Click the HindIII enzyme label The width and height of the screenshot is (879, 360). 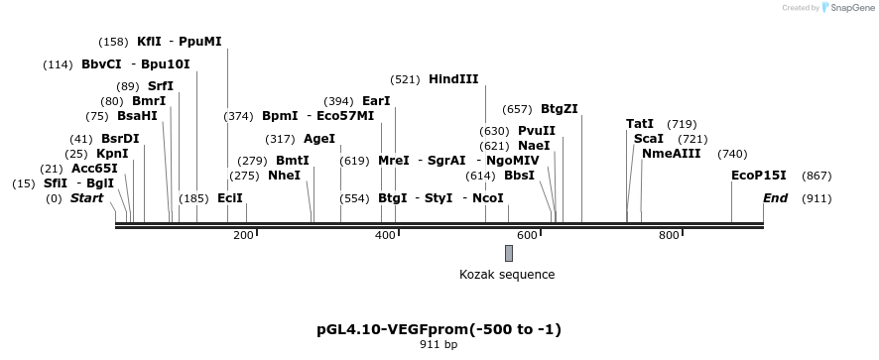[453, 79]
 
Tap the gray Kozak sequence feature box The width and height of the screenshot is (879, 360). [508, 253]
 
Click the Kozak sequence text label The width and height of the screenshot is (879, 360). [507, 275]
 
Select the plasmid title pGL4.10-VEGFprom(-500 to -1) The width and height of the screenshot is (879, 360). [438, 328]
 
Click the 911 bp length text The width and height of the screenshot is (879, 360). [438, 345]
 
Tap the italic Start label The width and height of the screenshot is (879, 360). [86, 198]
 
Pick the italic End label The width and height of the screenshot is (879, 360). [775, 198]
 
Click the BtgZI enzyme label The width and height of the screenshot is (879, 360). [560, 109]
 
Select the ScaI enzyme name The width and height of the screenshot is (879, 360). [648, 139]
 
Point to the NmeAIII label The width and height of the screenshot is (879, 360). [671, 154]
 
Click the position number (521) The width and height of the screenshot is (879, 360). [406, 79]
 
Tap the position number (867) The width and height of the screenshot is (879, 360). [816, 176]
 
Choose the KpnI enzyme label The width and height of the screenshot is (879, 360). [112, 154]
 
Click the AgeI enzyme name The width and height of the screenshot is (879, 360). [319, 139]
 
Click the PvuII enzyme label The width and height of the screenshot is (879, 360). [537, 131]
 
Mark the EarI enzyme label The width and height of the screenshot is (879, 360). [376, 101]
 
